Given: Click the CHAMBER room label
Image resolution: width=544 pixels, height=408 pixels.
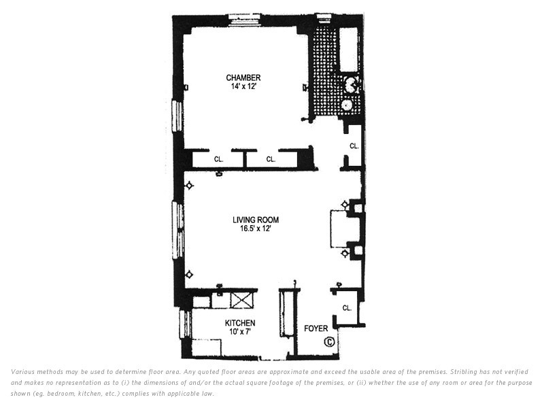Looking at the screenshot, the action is point(243,78).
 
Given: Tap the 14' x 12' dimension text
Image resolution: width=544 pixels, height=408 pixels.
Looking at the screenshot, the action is point(243,86).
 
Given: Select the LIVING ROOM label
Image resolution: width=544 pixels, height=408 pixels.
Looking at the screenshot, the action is point(256,220).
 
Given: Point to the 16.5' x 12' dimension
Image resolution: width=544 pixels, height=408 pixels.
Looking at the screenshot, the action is point(256,228).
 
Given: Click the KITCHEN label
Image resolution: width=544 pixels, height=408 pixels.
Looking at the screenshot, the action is point(240,323).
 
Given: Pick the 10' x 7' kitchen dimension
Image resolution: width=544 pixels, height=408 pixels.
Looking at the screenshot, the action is point(240,332).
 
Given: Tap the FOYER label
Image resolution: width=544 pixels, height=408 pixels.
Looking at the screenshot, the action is point(316,328).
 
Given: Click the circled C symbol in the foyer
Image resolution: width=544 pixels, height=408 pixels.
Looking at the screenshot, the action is point(329,342).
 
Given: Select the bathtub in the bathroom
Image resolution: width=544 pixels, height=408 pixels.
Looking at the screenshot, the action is point(350,49).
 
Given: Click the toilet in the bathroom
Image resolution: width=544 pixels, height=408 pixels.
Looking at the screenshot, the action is point(351,84).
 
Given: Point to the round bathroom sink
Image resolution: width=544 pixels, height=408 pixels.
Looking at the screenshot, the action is point(347,105).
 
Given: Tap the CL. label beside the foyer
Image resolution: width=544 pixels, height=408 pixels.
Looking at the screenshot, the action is point(347,308).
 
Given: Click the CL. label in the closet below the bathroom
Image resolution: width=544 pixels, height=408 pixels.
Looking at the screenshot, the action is point(354,146).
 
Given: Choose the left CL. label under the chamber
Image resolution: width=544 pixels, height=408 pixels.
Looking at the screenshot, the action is point(218,159).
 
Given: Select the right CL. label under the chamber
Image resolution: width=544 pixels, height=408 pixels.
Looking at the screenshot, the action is point(271,159).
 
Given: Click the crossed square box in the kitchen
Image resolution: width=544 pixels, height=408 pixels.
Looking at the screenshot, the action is point(242,300).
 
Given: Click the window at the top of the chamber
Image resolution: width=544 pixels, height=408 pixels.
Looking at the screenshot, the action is point(245,20).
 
